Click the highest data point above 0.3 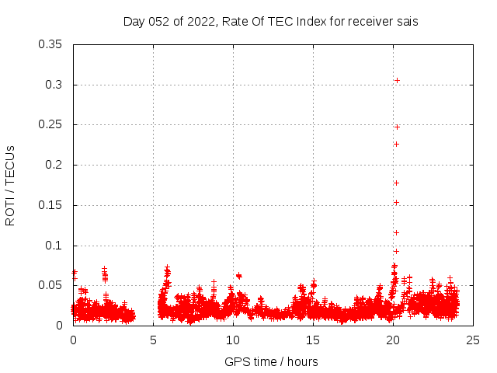397,80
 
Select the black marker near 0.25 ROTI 397,127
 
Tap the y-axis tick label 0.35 50,44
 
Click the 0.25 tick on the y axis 50,124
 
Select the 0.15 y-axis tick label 50,205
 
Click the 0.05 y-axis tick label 50,285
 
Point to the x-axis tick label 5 153,340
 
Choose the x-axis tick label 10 233,340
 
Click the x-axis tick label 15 313,340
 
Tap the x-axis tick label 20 393,340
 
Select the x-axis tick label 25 473,340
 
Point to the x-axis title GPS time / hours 271,361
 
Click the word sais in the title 407,22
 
